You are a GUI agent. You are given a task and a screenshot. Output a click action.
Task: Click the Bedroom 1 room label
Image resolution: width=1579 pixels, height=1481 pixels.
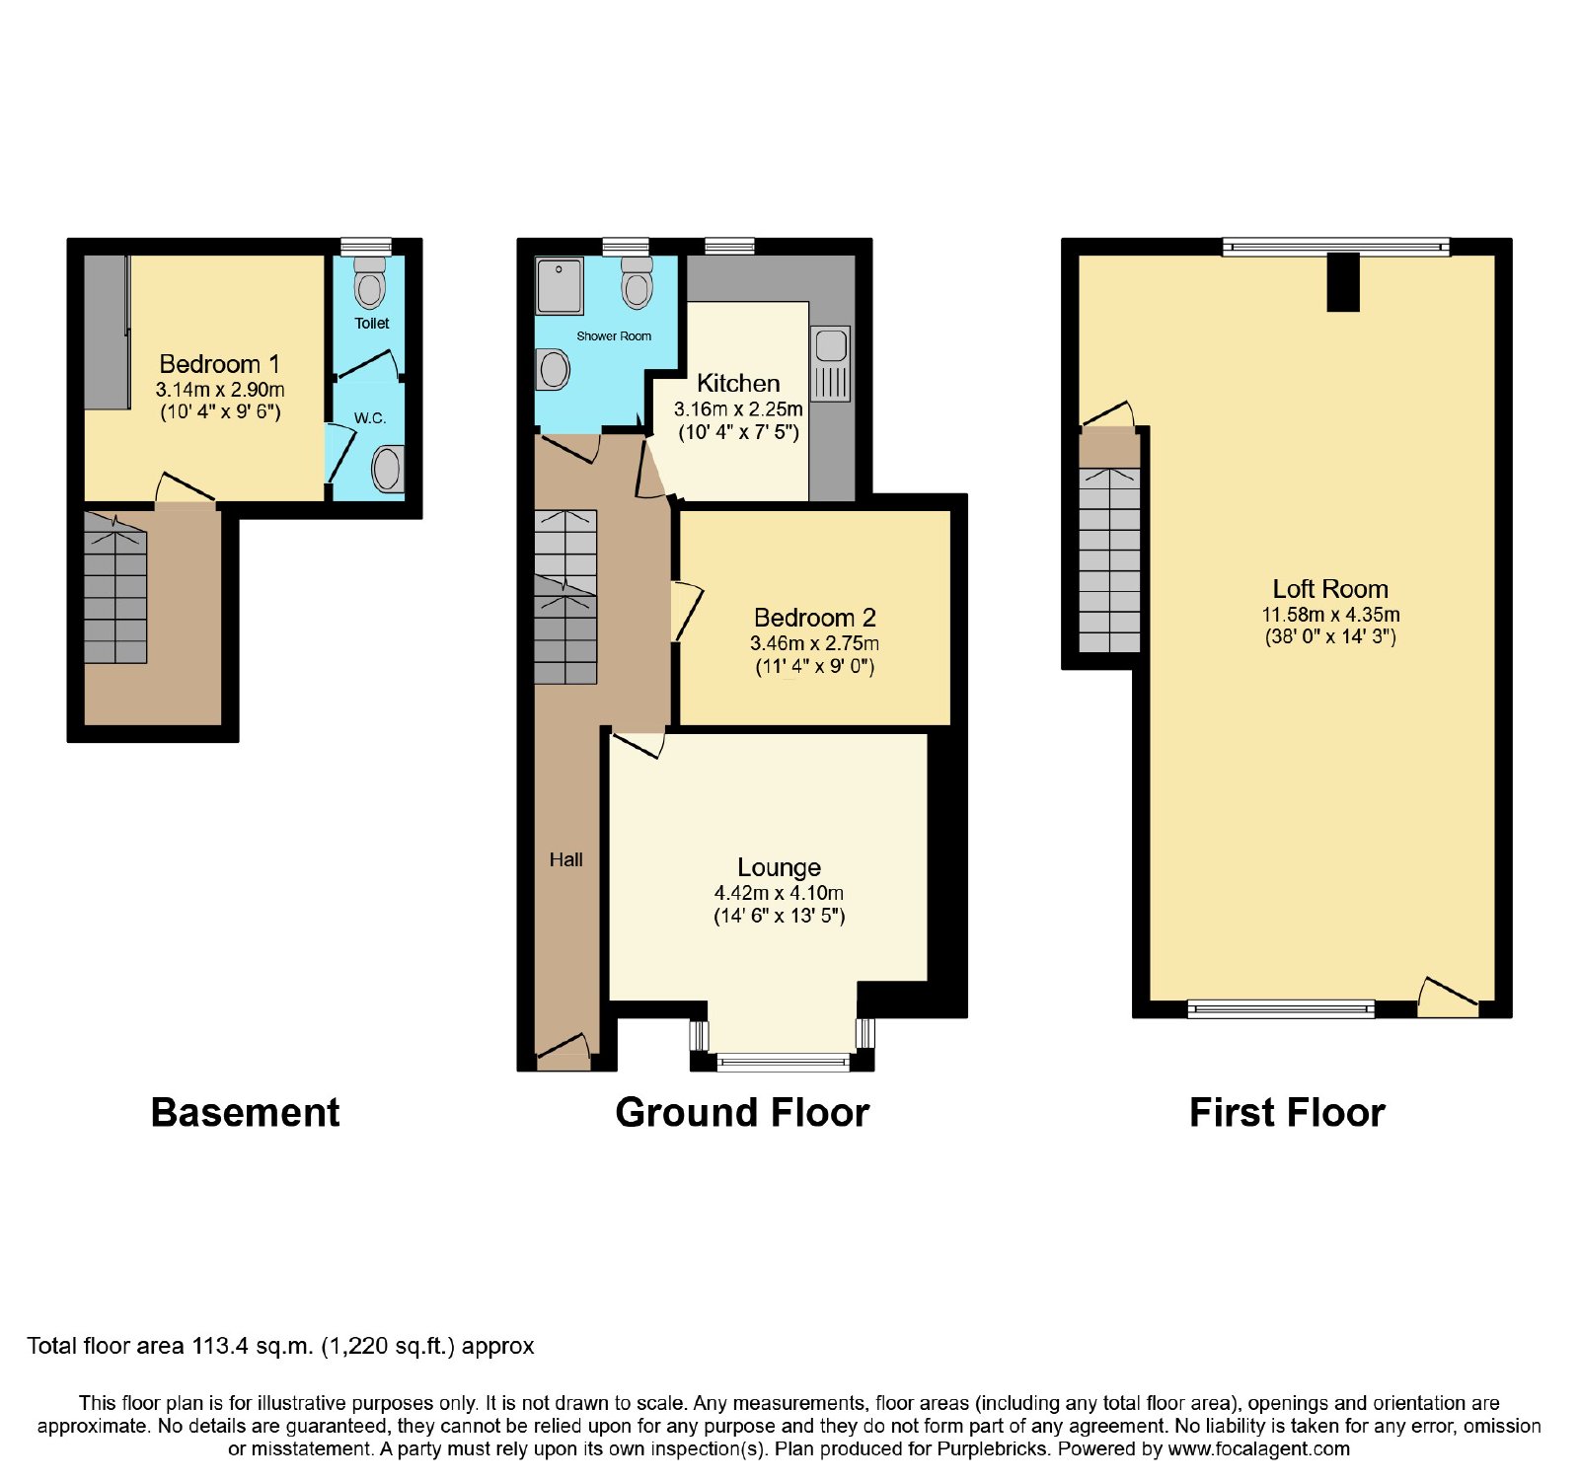tap(219, 364)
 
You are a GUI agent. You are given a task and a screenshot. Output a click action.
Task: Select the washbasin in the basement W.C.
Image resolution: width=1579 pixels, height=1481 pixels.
tap(388, 469)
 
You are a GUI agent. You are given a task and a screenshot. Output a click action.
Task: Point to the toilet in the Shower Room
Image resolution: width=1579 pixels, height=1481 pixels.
tap(638, 283)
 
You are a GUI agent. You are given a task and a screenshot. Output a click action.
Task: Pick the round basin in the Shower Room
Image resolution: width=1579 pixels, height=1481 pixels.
tap(554, 371)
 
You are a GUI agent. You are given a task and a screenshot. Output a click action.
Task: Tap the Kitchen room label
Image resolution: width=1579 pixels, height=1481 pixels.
tap(738, 383)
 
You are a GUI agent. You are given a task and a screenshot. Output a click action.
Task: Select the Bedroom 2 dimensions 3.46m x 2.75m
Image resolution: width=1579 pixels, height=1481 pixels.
tap(814, 643)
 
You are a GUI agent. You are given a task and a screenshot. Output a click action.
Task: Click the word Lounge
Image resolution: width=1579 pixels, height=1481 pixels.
tap(779, 867)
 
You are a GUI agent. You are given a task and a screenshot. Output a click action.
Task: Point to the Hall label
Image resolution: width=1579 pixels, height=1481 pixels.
tap(565, 860)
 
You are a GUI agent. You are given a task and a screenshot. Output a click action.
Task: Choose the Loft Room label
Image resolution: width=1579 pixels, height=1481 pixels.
tap(1330, 589)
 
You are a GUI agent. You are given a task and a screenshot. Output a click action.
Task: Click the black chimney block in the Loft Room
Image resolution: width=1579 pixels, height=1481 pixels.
tap(1343, 283)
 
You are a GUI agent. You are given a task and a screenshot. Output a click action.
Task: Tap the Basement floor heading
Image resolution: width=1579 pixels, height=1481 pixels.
tap(245, 1113)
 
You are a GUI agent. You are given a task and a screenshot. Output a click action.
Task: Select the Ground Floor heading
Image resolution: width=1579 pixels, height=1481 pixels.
tap(742, 1113)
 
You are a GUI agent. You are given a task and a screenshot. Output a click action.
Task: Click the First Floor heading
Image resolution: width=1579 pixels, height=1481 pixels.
tap(1287, 1113)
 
